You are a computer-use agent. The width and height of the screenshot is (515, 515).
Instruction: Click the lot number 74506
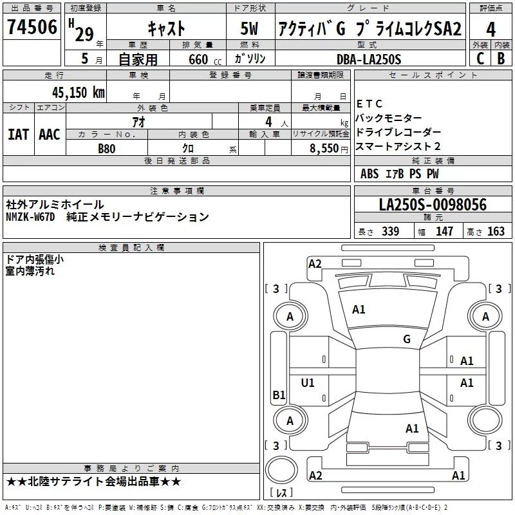coord(32,29)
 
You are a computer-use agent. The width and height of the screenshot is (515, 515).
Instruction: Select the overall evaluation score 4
coord(491,29)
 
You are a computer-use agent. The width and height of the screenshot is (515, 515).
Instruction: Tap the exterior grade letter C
coord(480,59)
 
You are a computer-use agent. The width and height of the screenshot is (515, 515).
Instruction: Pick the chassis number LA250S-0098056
coord(433,205)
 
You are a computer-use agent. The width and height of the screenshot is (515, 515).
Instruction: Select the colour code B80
coord(106,147)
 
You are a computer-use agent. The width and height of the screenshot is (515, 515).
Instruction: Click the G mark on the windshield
coord(406,339)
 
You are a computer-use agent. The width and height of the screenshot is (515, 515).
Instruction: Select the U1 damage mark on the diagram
coord(308,383)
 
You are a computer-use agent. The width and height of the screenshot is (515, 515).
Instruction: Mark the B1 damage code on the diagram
coord(279,395)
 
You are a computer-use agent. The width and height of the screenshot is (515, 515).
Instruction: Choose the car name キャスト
coord(166,29)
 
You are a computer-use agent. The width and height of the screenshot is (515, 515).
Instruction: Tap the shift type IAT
coord(18,135)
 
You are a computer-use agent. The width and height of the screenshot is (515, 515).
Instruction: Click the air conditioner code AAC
coord(49,135)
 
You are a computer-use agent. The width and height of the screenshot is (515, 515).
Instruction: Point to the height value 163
coord(496,232)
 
